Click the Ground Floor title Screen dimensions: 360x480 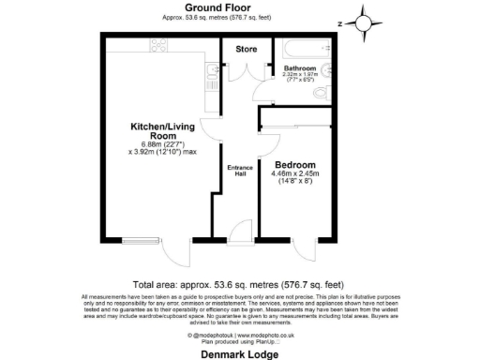point(240,7)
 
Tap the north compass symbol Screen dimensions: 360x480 point(365,22)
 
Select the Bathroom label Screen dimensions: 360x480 point(301,68)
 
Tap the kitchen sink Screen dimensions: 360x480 point(212,71)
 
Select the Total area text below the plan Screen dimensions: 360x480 point(240,283)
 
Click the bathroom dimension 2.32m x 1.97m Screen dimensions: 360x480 point(301,78)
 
